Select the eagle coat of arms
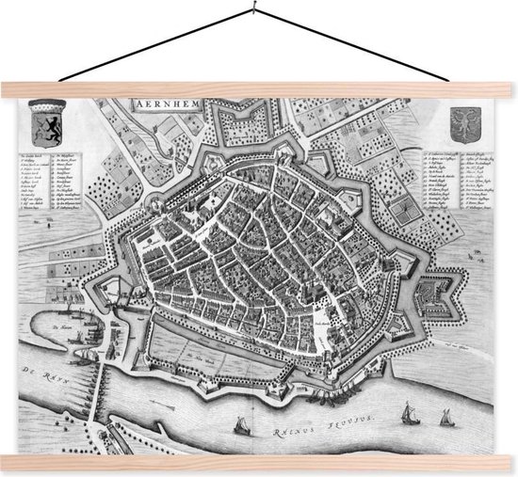pyautogui.click(x=460, y=120)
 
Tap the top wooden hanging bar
pyautogui.click(x=259, y=89)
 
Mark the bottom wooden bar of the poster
pyautogui.click(x=259, y=460)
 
